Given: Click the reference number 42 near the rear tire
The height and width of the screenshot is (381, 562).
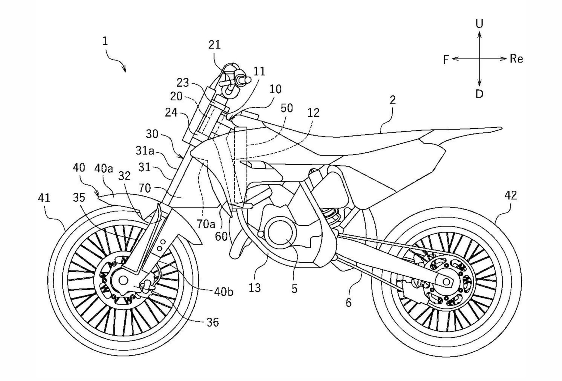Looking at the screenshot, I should tap(510, 195).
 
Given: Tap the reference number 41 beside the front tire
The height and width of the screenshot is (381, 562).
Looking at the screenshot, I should tap(44, 198).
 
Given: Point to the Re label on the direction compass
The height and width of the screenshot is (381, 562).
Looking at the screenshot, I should tap(516, 59).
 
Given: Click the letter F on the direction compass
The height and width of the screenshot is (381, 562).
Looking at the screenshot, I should tap(446, 60).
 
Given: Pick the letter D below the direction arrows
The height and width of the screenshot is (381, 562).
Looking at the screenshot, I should tap(479, 94).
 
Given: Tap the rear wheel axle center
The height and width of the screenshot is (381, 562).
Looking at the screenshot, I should tap(446, 282).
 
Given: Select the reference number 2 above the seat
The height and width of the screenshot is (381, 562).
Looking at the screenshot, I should tap(393, 100).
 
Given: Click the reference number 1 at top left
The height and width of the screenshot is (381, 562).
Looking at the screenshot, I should tap(105, 41).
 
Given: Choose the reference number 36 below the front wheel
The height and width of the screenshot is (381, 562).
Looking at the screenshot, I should tap(213, 322).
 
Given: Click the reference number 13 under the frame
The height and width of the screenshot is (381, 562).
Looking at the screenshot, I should tap(255, 288).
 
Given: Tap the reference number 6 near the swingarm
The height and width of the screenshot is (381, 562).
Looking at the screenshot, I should tap(348, 302).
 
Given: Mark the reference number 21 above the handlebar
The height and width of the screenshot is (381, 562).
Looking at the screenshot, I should tap(214, 45).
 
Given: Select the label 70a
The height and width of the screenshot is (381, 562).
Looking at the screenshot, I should tap(205, 224).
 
